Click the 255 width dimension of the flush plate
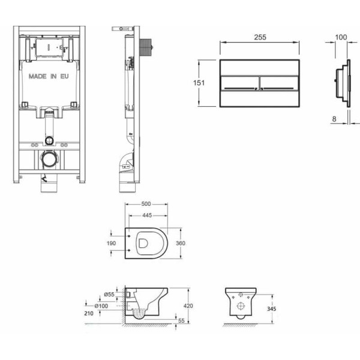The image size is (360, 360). click(x=260, y=37)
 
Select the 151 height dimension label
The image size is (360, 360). click(x=199, y=83)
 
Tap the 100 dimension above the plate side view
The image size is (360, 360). click(x=341, y=37)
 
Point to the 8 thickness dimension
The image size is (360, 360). click(x=334, y=119)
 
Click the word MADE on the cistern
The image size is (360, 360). click(x=38, y=76)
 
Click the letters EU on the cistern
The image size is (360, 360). click(x=65, y=76)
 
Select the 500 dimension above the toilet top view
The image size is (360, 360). click(x=146, y=204)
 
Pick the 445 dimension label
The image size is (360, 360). click(x=147, y=215)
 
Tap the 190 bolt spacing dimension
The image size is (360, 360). click(x=112, y=243)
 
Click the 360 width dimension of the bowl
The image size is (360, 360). click(x=181, y=243)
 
